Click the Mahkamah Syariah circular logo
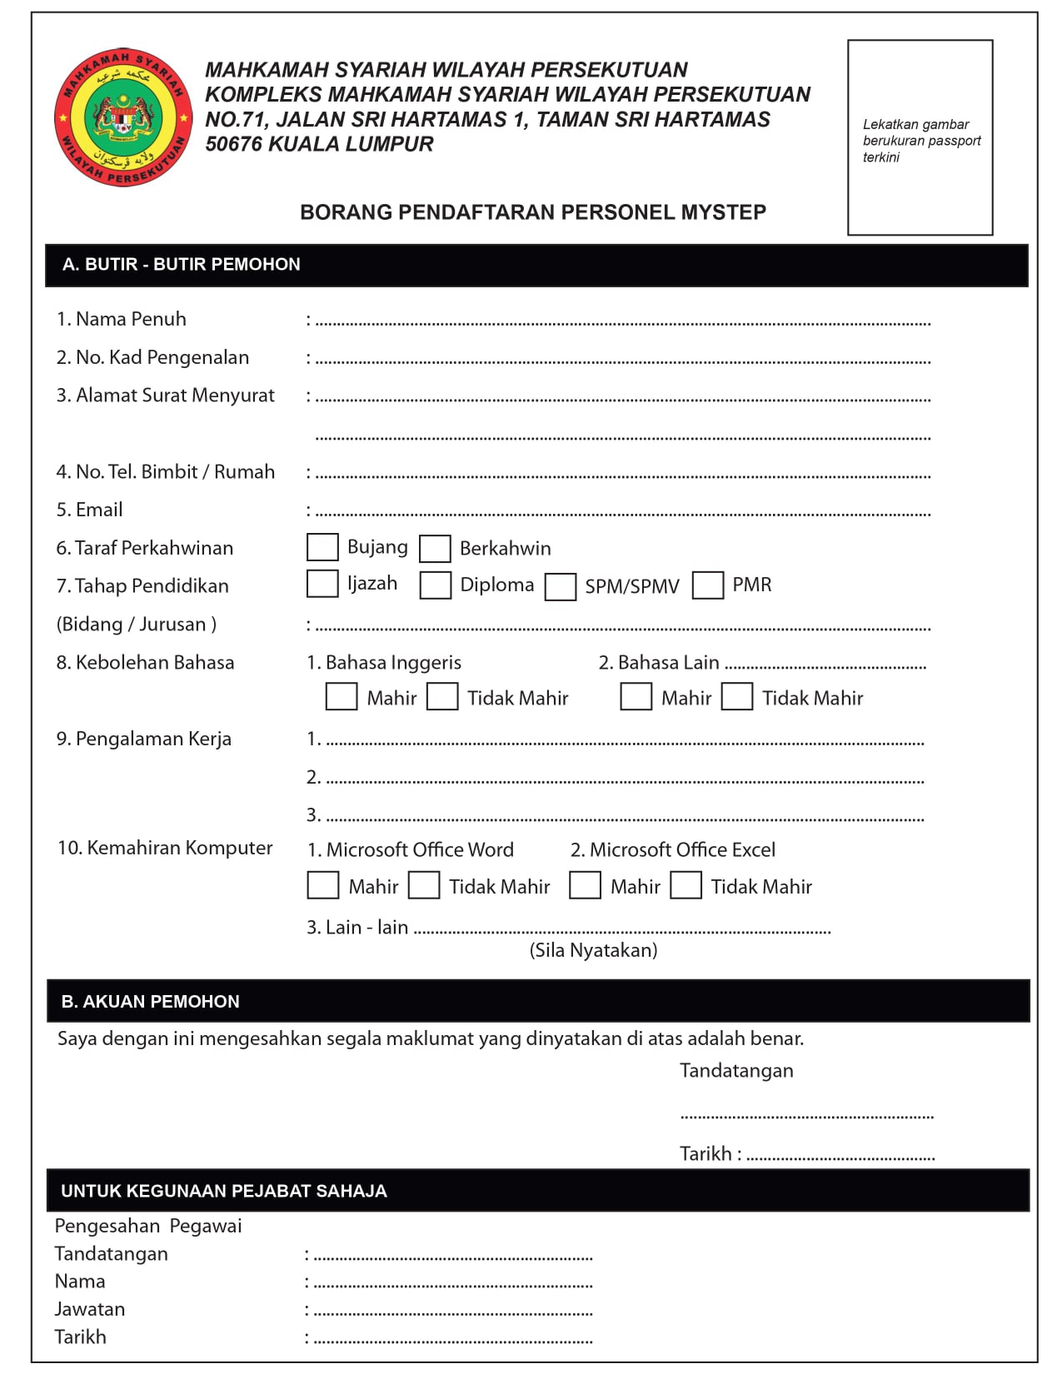point(122,117)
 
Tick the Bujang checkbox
point(322,547)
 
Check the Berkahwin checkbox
point(435,549)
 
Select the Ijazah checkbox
point(322,584)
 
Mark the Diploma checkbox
point(435,585)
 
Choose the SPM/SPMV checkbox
point(561,586)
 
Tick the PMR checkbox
point(708,585)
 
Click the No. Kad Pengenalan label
point(152,357)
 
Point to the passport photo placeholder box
point(920,137)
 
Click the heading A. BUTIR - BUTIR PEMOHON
point(181,265)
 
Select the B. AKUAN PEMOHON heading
point(150,1002)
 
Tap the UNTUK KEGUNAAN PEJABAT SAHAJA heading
point(223,1191)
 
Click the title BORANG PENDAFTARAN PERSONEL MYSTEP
point(533,212)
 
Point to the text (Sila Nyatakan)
point(593,950)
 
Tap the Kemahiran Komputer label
point(165,848)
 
